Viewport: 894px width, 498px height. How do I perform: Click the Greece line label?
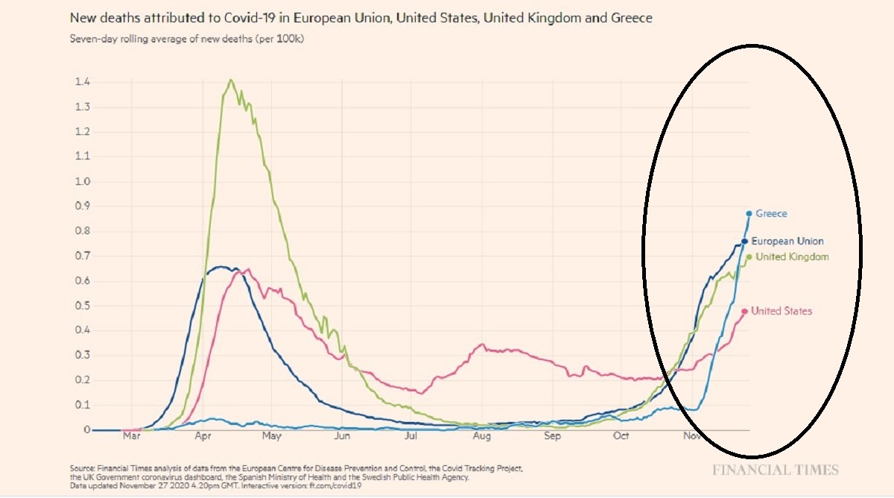coord(771,214)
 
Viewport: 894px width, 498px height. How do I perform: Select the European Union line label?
coord(787,242)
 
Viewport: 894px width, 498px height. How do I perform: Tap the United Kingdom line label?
coord(792,257)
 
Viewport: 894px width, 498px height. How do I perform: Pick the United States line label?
coord(782,311)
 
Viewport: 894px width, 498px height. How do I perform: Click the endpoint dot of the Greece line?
coord(749,214)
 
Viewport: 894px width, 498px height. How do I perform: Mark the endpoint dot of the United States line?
coord(744,312)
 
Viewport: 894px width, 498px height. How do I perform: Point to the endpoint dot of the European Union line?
coord(744,242)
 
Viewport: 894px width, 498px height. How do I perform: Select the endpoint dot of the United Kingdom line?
coord(749,257)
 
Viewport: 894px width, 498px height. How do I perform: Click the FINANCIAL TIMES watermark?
coord(775,470)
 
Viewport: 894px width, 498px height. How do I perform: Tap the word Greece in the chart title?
coord(632,17)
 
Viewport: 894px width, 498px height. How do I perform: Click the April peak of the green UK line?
coord(231,80)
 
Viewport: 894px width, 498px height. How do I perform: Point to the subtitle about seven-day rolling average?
coord(187,39)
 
